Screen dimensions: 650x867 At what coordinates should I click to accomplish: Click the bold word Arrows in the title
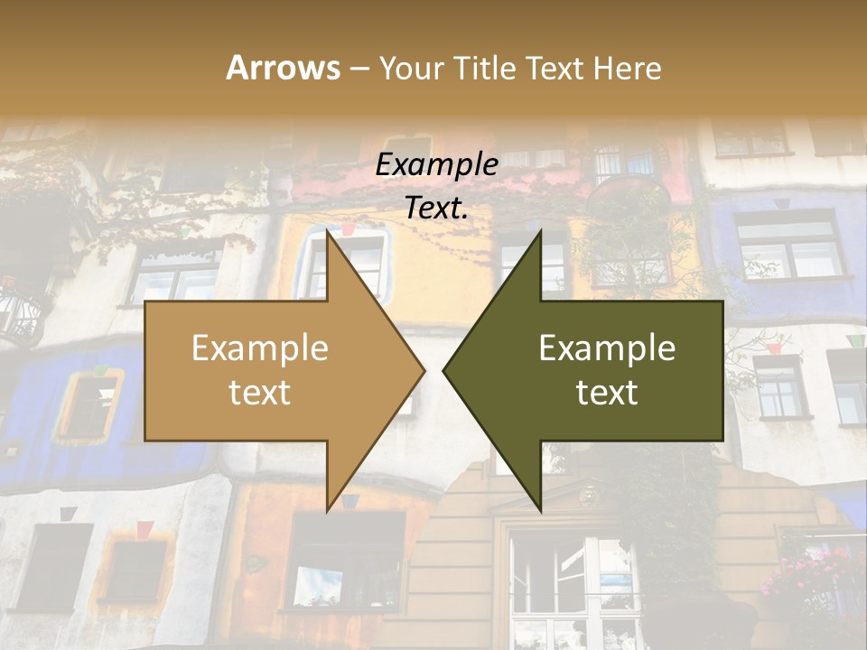283,68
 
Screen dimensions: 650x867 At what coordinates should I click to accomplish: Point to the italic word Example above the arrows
437,165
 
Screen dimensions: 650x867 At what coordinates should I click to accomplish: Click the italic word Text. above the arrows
437,209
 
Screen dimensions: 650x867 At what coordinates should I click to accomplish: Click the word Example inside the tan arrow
260,348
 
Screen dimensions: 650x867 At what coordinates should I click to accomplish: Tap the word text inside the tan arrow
260,392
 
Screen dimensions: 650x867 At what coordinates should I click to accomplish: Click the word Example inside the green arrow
607,348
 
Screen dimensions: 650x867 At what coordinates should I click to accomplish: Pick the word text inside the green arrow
607,392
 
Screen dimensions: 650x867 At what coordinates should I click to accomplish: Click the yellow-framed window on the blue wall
90,404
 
